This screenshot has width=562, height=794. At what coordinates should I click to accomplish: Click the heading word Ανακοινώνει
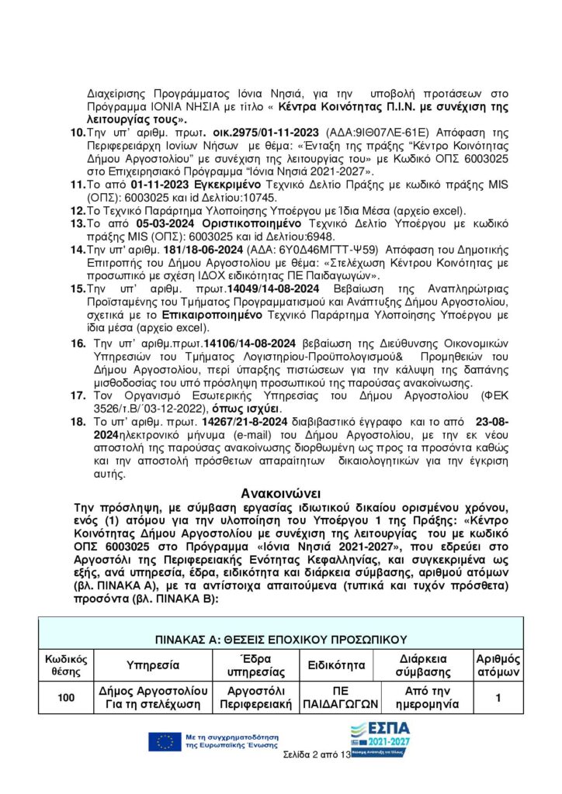280,492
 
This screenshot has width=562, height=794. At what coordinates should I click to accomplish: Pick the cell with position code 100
67,698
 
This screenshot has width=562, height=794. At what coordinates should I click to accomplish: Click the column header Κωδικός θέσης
67,665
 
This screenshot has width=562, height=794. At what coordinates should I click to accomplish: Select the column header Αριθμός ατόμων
498,665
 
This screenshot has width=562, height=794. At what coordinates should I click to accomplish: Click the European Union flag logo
165,741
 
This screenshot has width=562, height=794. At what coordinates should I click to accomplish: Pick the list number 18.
77,421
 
